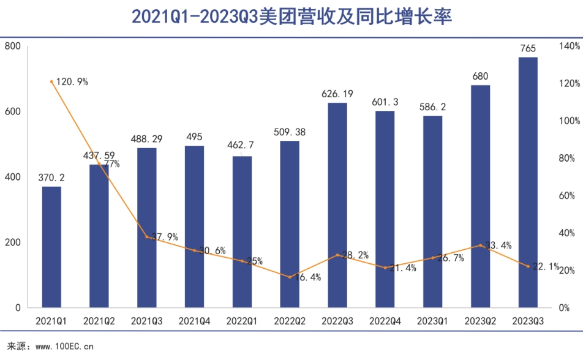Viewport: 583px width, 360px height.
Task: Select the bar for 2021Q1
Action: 51,246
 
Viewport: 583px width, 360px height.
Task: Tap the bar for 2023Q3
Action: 528,182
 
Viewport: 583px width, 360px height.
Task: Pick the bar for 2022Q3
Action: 337,204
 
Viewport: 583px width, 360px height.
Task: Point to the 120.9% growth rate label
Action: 72,81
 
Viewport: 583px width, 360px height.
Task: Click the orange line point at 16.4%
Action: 290,277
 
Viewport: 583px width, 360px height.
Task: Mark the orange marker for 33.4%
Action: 480,246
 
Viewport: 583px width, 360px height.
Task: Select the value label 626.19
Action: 337,94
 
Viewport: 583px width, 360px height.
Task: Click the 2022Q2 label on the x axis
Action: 290,320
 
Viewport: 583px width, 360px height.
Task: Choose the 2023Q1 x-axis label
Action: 433,320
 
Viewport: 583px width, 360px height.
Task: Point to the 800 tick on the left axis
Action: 13,47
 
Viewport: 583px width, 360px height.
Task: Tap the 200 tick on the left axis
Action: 13,242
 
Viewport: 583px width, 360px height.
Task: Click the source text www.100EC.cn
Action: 64,347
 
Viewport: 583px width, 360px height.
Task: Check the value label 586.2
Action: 433,107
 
